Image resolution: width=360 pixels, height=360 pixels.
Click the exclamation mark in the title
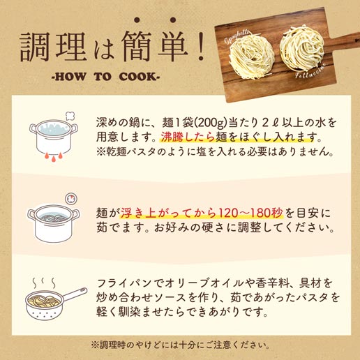pos(200,47)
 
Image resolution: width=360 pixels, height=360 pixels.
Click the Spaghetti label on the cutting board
pos(237,36)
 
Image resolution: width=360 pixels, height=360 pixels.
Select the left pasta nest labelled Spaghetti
pos(252,57)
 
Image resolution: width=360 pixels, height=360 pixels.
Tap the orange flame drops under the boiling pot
pos(54,156)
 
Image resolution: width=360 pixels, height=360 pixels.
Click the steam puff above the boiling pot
pos(70,116)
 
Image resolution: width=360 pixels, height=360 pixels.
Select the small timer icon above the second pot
pos(71,199)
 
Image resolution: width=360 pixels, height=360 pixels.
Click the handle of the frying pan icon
pos(74,294)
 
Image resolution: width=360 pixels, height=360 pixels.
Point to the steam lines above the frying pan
pos(44,283)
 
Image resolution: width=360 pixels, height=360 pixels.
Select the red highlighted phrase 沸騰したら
pos(188,137)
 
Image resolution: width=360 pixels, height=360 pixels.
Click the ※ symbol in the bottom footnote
pos(95,345)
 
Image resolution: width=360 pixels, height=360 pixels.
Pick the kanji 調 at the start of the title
pos(35,47)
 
